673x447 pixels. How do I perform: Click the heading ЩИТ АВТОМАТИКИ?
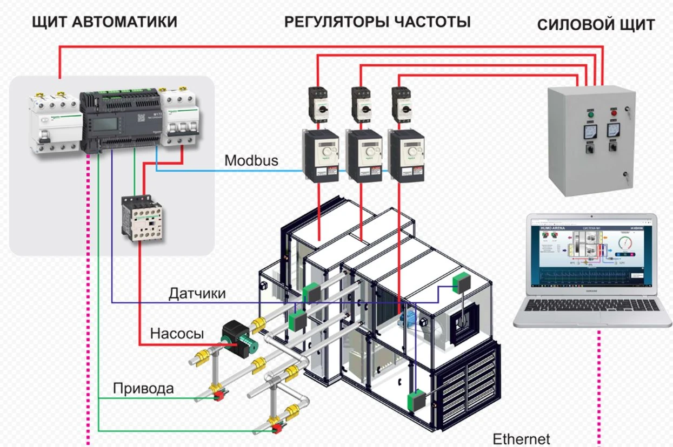(104, 22)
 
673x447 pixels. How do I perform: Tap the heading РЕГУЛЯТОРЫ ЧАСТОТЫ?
(377, 22)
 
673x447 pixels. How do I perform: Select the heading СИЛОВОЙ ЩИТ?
(596, 25)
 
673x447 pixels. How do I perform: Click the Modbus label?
(251, 160)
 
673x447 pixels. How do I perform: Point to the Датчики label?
(197, 294)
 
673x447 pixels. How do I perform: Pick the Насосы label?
(177, 334)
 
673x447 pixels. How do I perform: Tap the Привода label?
(143, 389)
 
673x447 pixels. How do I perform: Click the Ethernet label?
(521, 438)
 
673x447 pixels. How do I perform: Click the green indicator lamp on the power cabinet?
(590, 114)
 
